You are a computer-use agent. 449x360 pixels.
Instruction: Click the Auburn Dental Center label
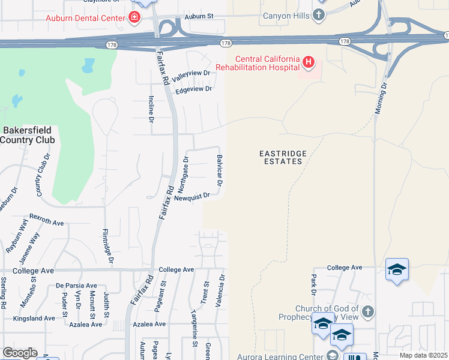click(x=85, y=17)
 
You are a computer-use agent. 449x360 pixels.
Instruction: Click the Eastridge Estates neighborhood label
click(x=283, y=158)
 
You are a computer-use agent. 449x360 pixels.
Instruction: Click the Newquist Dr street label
click(x=191, y=196)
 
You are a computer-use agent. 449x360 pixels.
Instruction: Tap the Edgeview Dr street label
click(x=194, y=89)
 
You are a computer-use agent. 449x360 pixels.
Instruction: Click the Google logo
click(x=20, y=353)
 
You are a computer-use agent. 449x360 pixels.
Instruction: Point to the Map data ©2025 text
click(x=423, y=355)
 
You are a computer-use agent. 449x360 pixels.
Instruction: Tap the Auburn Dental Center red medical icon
click(x=134, y=17)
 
